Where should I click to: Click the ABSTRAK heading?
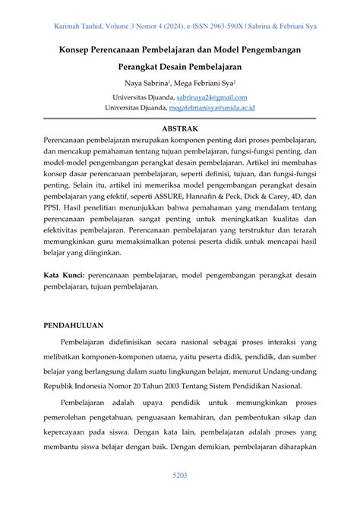point(179,129)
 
